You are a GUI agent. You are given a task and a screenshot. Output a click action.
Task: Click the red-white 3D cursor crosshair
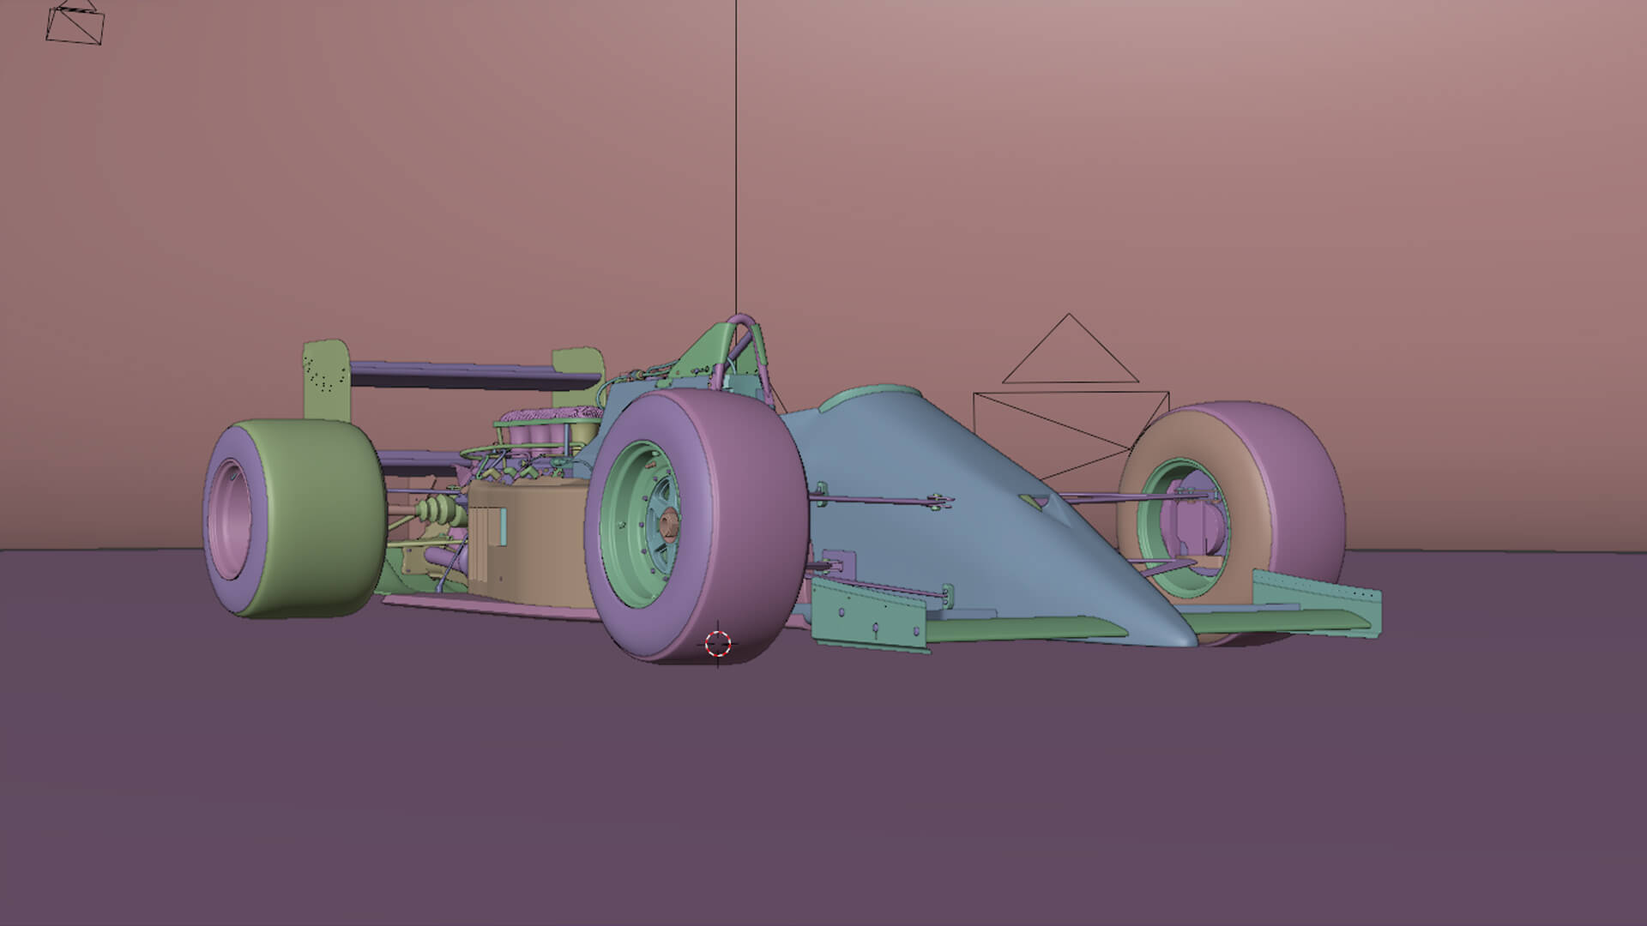pos(718,643)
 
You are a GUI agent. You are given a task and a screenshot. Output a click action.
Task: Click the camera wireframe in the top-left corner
pos(75,24)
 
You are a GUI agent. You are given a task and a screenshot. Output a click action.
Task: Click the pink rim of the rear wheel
pos(230,514)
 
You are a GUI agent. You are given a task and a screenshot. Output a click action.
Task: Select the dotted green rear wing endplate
pos(325,377)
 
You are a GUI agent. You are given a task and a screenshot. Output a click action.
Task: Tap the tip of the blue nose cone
pos(1184,638)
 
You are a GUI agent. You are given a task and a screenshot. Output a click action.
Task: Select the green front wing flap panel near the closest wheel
pos(866,614)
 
